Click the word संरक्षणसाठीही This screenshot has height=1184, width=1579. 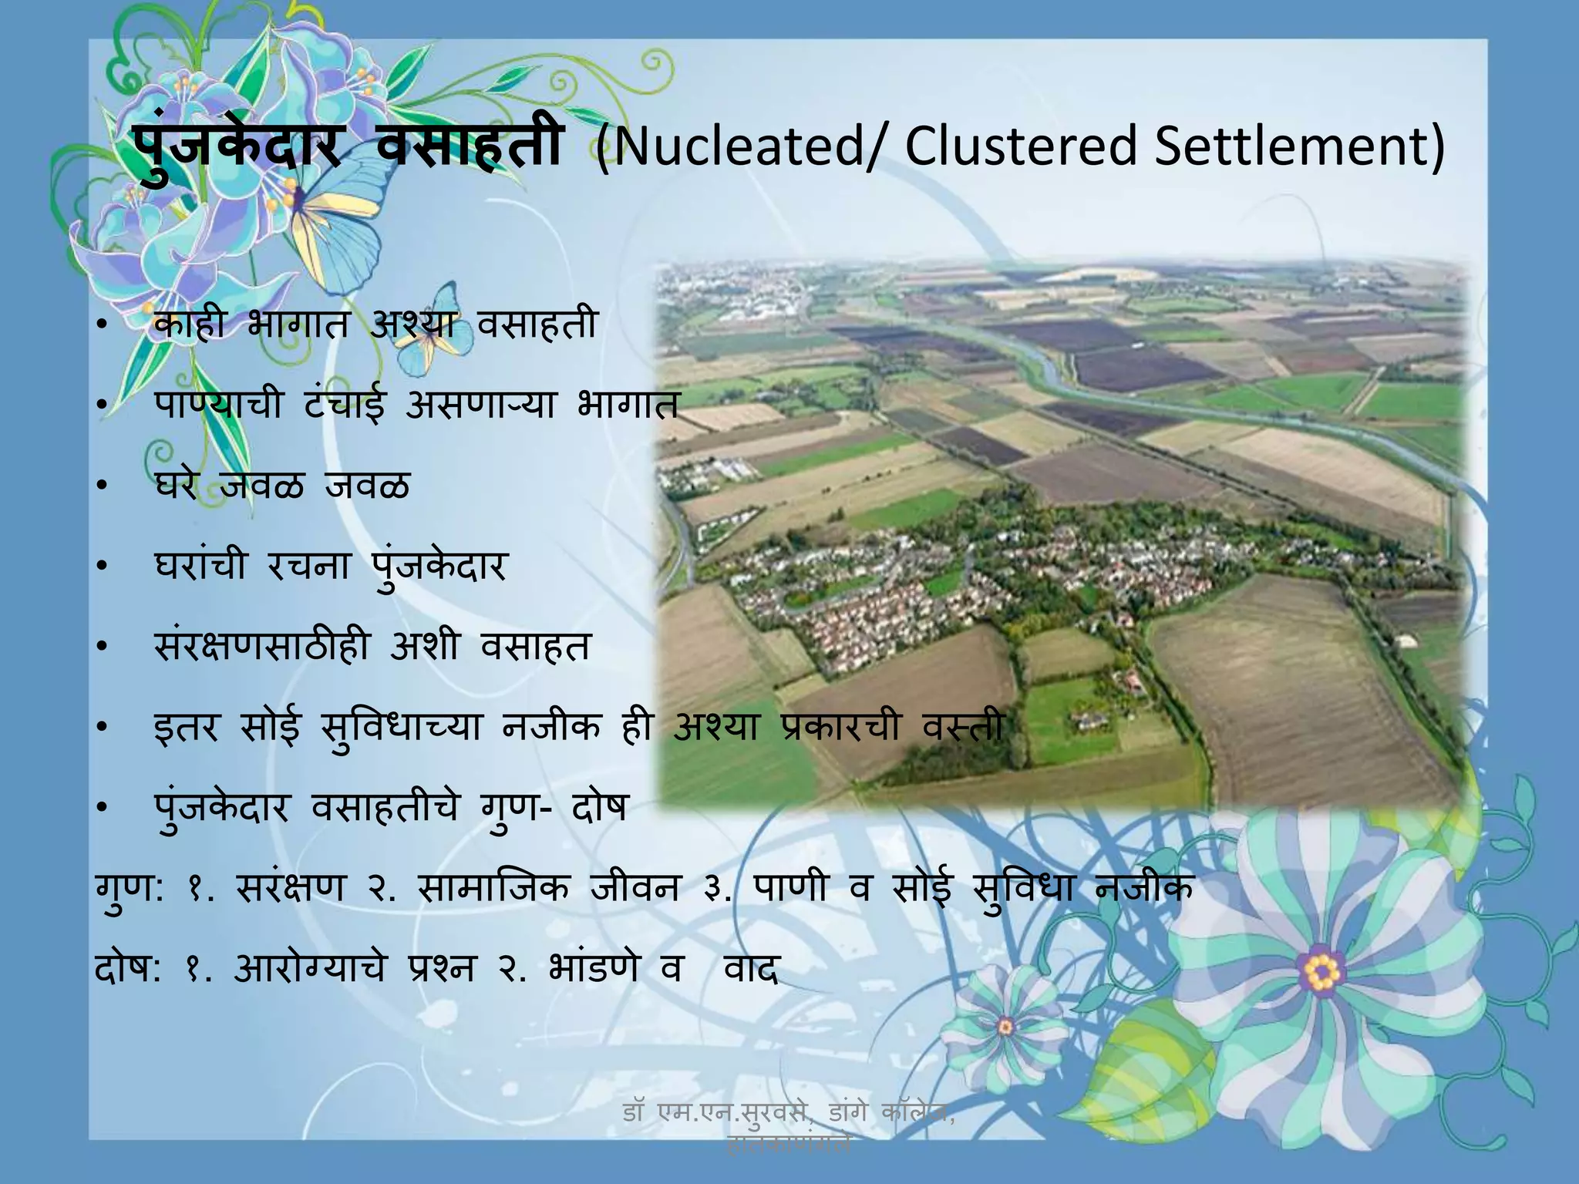click(x=263, y=646)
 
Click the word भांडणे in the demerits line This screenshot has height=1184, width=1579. click(x=594, y=968)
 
